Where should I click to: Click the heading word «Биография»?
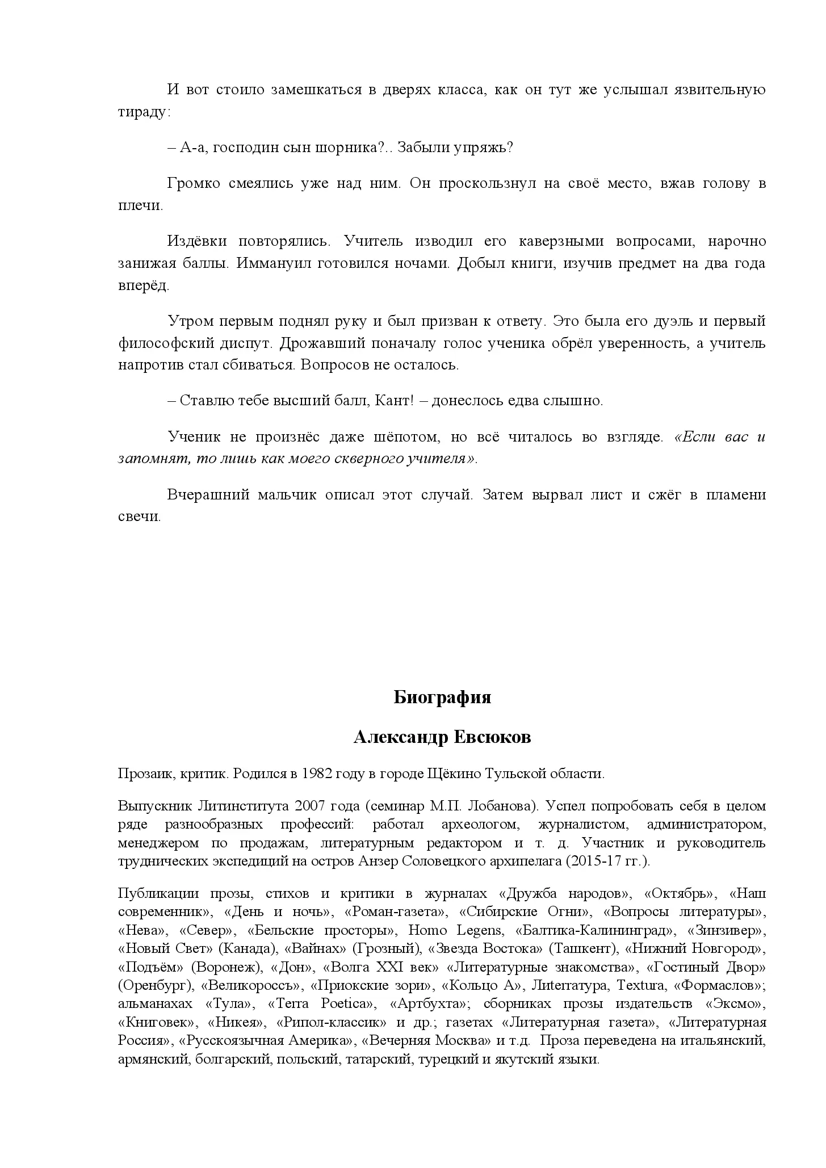(x=442, y=697)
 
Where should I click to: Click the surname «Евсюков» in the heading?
(x=492, y=737)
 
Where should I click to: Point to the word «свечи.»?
(x=140, y=517)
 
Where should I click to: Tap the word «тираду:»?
(x=144, y=112)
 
